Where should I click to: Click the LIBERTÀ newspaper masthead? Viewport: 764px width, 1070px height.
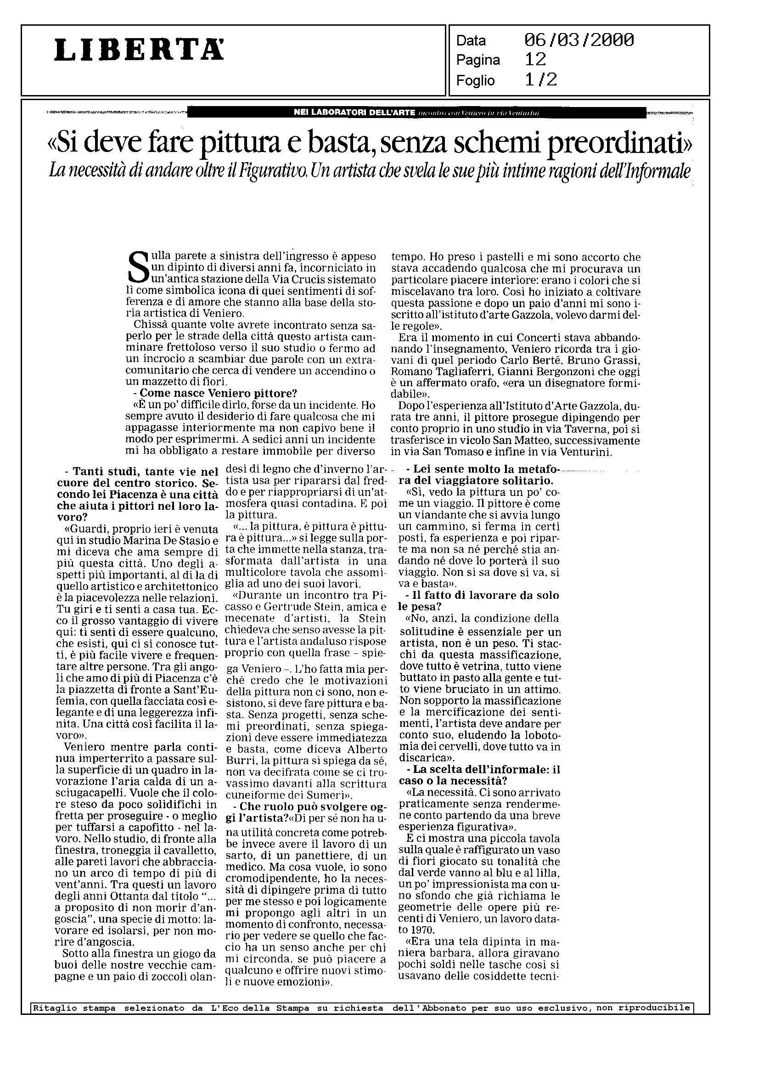139,50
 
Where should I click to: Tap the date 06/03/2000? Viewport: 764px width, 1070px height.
579,40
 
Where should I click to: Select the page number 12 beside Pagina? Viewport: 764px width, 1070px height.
535,60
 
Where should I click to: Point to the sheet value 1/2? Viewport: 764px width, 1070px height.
541,80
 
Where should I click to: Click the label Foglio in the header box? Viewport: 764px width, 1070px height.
475,81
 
